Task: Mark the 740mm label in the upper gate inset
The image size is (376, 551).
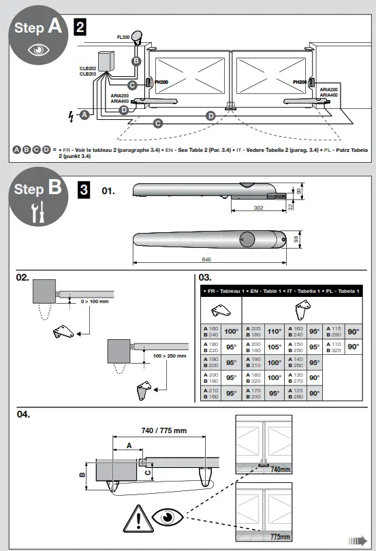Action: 280,469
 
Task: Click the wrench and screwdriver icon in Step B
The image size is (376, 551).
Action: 37,212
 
